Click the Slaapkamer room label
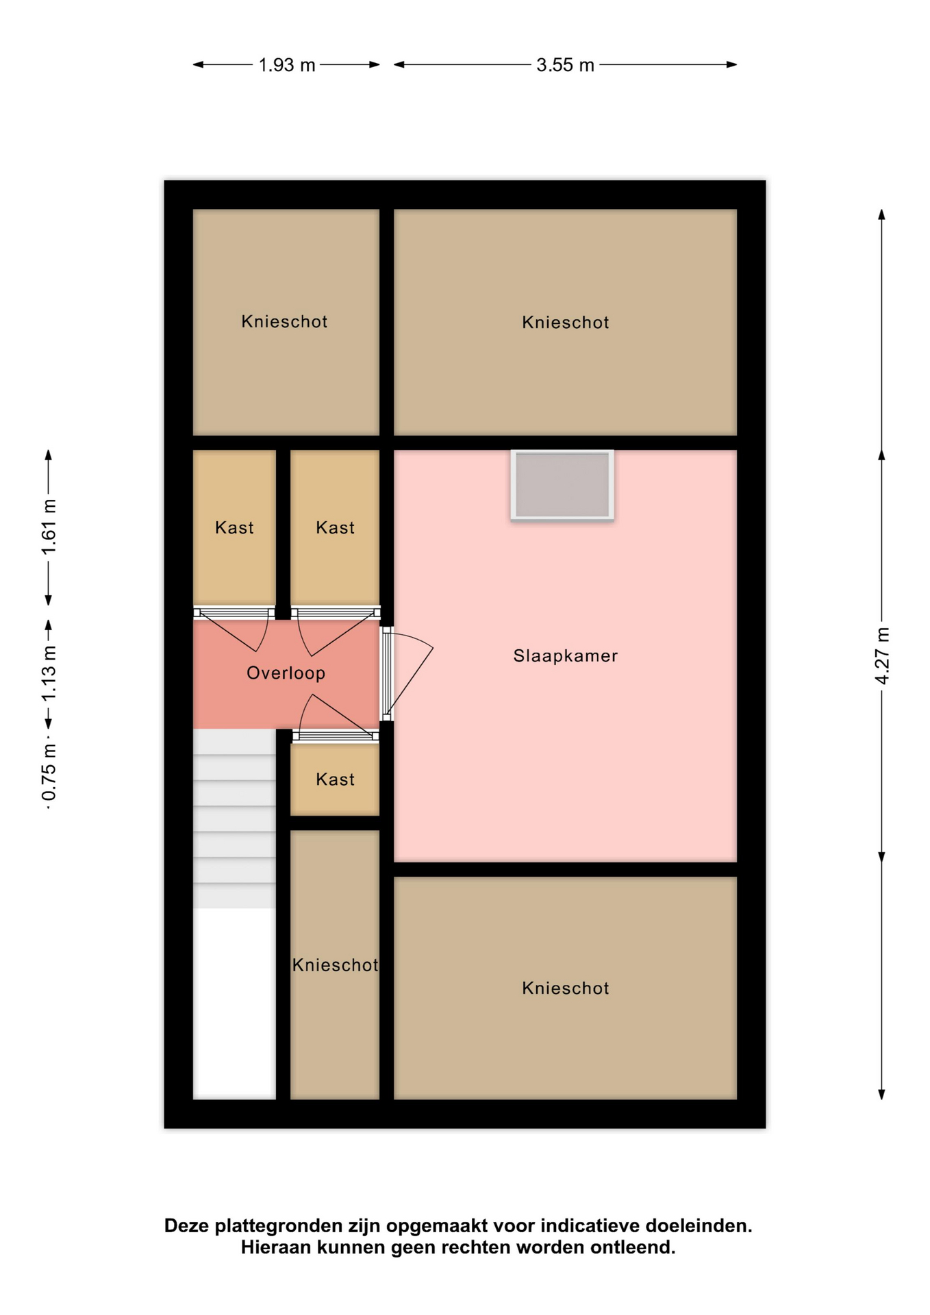565,655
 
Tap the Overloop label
286,673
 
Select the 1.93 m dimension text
286,65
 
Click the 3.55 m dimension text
565,65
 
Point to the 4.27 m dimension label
882,655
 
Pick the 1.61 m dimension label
49,527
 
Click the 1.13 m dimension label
49,673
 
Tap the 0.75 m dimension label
49,772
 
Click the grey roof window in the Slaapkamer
562,485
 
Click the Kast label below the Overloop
335,779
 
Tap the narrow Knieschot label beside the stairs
335,965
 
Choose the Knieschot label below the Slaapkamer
565,988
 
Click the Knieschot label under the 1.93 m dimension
284,322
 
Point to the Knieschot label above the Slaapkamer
565,323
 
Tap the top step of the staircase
234,742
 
